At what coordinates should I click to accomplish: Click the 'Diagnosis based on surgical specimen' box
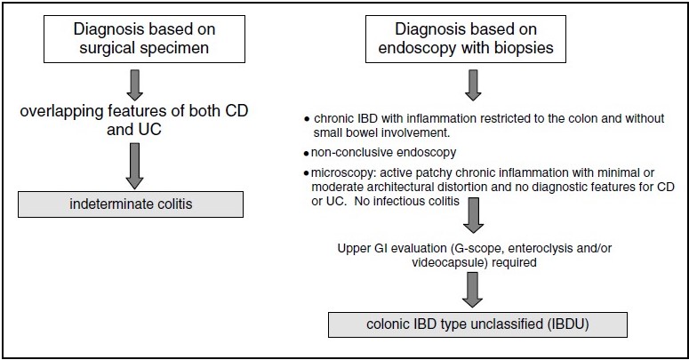144,39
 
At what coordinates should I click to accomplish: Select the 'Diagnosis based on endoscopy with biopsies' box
466,39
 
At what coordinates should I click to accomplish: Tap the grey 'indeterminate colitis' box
131,204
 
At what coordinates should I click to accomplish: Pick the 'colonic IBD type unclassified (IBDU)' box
477,324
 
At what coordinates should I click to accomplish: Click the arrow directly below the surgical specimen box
135,85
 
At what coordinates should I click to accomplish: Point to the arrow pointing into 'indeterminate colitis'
135,166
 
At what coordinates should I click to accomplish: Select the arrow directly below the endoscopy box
473,85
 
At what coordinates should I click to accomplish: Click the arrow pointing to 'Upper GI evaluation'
473,215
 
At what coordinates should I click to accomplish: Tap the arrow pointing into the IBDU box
473,290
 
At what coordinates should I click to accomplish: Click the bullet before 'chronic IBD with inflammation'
307,120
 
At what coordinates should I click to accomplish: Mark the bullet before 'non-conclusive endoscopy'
306,154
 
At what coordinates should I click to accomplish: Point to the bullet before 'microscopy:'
306,173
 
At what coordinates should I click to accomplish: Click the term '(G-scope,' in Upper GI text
477,249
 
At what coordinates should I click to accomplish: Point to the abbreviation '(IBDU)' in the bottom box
568,324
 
